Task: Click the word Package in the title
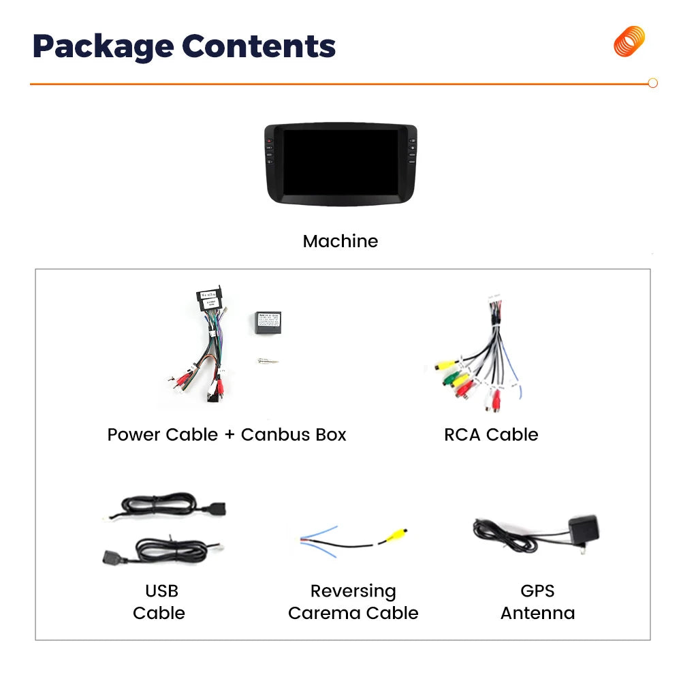104,46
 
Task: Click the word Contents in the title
259,46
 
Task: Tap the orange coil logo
629,42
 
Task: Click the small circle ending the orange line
652,83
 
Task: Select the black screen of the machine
341,162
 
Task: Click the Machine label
340,241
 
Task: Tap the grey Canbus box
268,323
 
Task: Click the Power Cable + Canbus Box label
227,434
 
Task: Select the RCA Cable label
491,434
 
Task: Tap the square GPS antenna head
584,528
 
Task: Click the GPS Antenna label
538,602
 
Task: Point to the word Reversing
353,591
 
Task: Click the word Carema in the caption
325,614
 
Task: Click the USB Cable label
159,602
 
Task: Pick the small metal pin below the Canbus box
268,361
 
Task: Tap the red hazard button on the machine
269,141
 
